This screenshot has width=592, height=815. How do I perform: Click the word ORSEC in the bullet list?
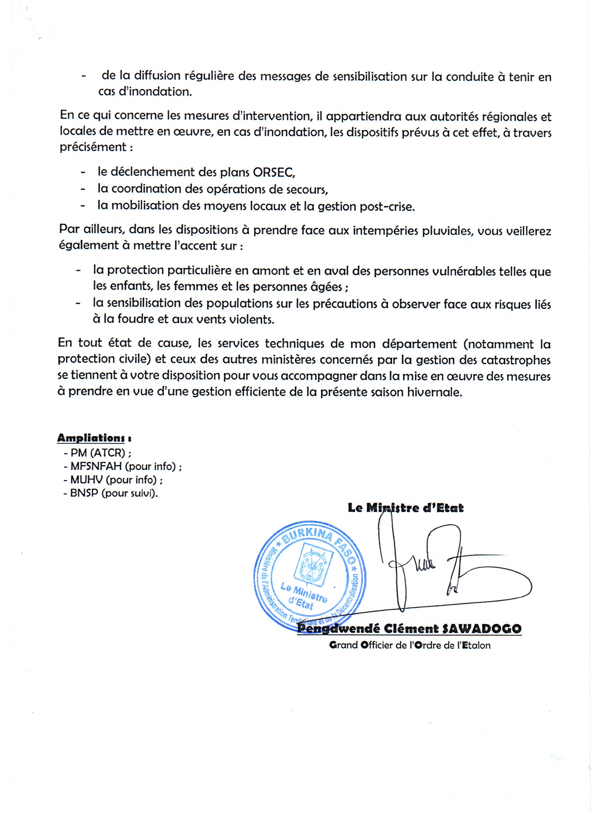point(274,172)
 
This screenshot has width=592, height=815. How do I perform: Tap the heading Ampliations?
point(91,438)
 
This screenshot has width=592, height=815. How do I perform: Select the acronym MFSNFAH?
point(96,466)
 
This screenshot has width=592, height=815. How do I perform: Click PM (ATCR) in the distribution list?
point(98,453)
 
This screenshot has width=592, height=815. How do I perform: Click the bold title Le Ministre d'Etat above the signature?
point(406,508)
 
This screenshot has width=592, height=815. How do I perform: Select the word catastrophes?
point(521,360)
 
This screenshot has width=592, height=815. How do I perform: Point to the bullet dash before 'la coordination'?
point(83,189)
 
